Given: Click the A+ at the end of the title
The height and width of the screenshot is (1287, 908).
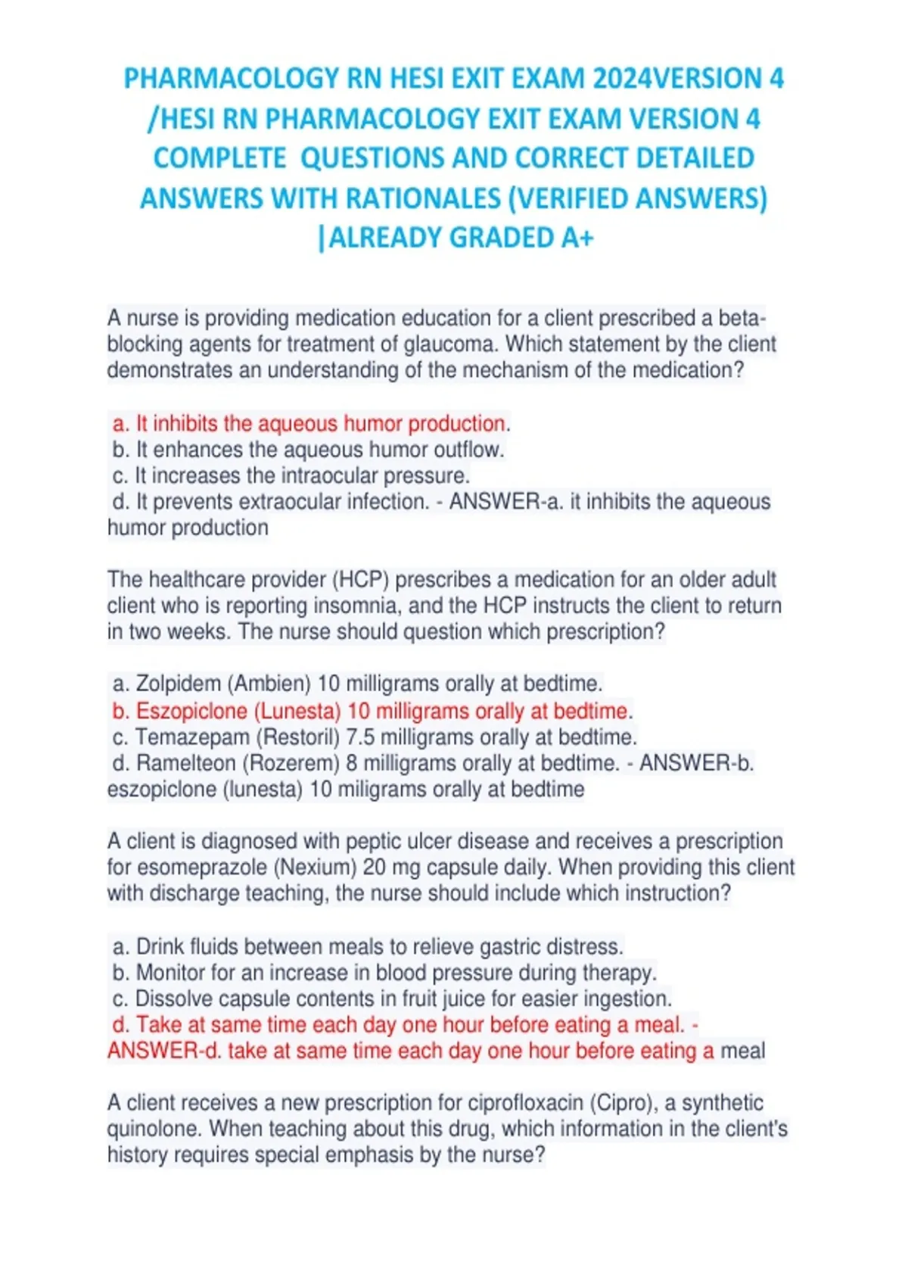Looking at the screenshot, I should (577, 238).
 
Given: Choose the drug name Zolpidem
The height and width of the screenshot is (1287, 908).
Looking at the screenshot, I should (178, 684).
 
